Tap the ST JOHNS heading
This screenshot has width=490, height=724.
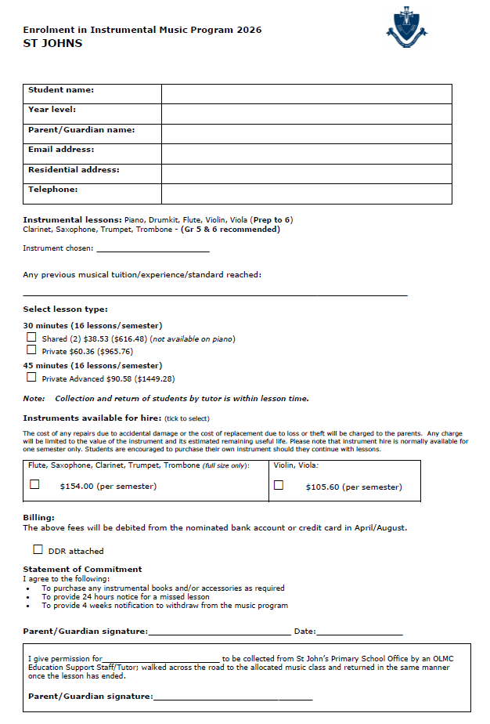(x=52, y=43)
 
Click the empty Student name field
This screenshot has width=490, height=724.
(x=306, y=94)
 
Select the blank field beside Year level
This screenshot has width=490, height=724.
(x=306, y=114)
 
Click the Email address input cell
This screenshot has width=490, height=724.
(x=306, y=154)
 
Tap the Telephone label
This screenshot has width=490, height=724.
(x=53, y=190)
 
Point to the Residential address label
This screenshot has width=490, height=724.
(x=74, y=169)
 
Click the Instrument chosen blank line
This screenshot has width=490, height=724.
(x=153, y=250)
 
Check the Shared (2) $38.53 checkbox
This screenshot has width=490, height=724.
(x=31, y=338)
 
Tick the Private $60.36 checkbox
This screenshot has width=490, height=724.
(x=31, y=350)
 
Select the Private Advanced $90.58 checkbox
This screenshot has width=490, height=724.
(x=31, y=378)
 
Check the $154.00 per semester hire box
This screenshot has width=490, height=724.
(x=34, y=485)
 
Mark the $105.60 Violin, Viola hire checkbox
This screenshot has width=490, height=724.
(x=279, y=485)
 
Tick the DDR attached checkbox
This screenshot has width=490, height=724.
(x=38, y=550)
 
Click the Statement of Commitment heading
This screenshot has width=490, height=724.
(x=82, y=569)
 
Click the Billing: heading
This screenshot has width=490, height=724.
(x=39, y=518)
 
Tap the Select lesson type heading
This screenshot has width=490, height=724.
(x=65, y=310)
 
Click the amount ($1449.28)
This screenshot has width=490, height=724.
(x=154, y=379)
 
